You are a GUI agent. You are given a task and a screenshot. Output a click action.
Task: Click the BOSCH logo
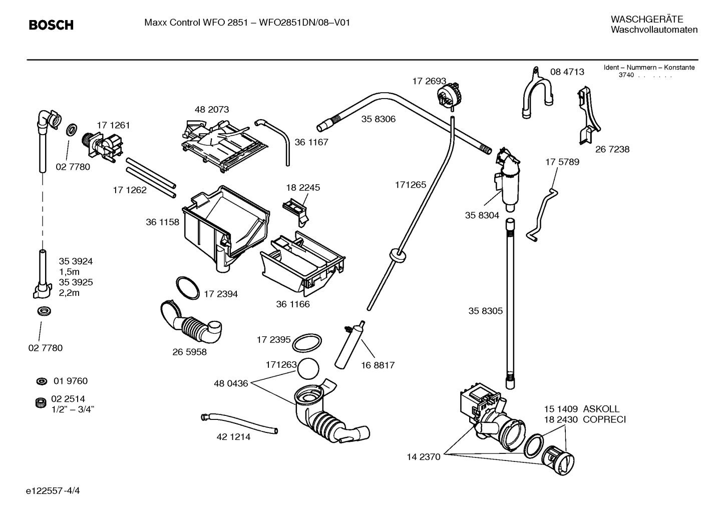[x=51, y=25]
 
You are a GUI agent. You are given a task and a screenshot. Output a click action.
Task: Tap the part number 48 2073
[x=212, y=109]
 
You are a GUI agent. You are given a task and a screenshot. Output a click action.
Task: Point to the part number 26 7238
[x=612, y=149]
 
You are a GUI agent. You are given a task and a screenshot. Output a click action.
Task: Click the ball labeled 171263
[x=308, y=370]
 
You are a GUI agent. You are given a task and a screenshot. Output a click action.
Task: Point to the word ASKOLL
[x=601, y=409]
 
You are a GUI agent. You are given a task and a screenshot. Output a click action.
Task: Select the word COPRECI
[x=604, y=419]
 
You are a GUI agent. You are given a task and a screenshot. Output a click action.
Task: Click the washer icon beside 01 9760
[x=42, y=381]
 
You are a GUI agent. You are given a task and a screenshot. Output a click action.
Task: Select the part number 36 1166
[x=293, y=304]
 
